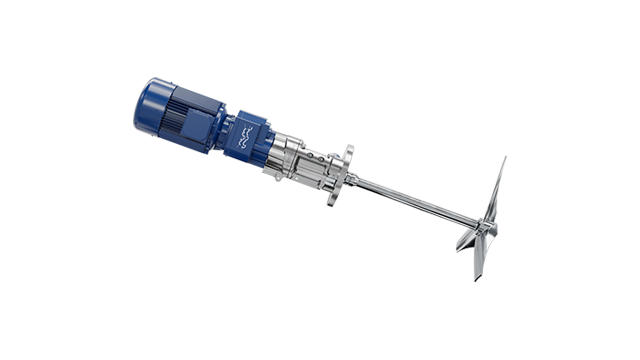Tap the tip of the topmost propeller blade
pyautogui.click(x=503, y=159)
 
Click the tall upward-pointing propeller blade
pyautogui.click(x=496, y=195)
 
